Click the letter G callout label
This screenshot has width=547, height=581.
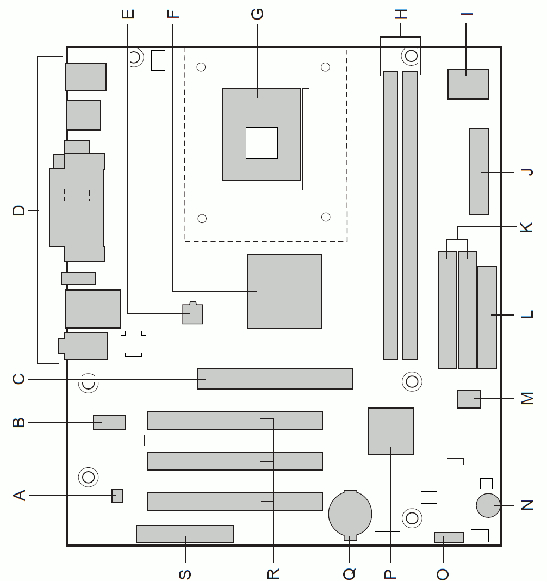click(x=257, y=14)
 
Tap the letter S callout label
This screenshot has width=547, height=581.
click(x=185, y=574)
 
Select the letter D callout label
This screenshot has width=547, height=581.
click(x=18, y=211)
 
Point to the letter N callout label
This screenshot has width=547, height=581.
click(x=527, y=505)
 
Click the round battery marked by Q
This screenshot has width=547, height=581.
click(x=350, y=515)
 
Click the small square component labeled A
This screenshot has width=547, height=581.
click(x=117, y=496)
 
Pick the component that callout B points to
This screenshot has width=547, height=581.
click(x=110, y=422)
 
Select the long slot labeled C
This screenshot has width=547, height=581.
click(x=275, y=379)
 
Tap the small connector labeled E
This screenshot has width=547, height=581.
click(x=192, y=313)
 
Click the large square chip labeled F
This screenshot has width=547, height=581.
click(x=285, y=292)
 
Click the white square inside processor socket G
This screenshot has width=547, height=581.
click(x=262, y=143)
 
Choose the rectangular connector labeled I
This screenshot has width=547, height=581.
click(x=469, y=84)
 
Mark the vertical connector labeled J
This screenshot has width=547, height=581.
click(x=479, y=172)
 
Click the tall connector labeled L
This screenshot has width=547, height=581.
click(x=487, y=318)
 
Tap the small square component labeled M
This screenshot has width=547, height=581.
click(x=469, y=399)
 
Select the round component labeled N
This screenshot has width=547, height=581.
click(x=488, y=505)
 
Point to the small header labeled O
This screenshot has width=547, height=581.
click(x=449, y=537)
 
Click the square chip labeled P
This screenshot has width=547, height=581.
click(x=391, y=431)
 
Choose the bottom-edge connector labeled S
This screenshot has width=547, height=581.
click(x=185, y=534)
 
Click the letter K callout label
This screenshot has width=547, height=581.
click(x=527, y=227)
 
